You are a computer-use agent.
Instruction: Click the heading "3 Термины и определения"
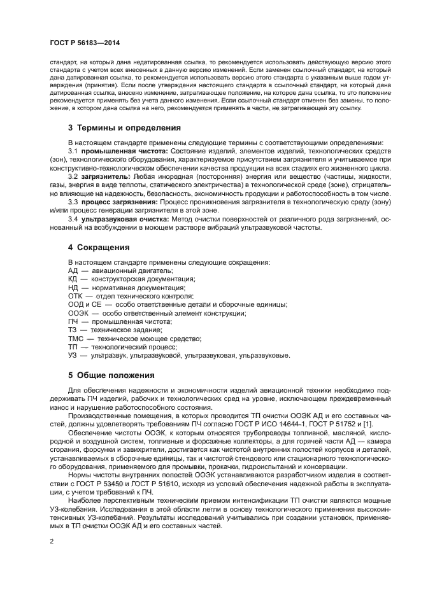coord(124,127)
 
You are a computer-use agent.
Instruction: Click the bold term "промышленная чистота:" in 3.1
coord(124,151)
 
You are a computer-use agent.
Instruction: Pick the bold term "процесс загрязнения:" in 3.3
coord(119,200)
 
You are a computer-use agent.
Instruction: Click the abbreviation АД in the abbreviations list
coord(73,270)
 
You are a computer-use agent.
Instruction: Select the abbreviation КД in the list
coord(73,279)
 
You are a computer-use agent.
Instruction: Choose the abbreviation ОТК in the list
coord(76,296)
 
